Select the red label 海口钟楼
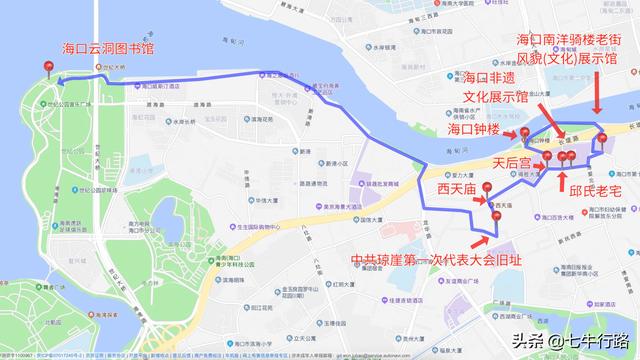click(474, 130)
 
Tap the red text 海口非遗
click(494, 78)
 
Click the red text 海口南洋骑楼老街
click(567, 39)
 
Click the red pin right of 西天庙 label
click(486, 189)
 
